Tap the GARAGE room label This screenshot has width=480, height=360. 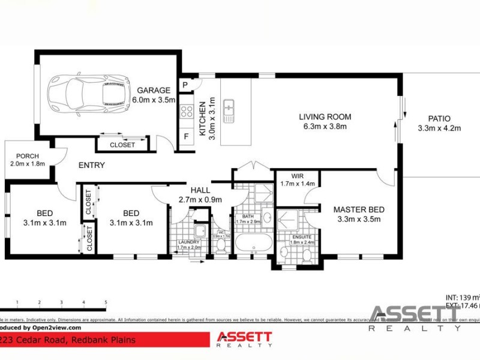point(154,91)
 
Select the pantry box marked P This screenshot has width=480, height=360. point(185,85)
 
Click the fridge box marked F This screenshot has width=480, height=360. point(186,136)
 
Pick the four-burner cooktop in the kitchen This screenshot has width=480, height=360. point(186,111)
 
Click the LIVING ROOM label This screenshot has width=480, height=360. point(325,117)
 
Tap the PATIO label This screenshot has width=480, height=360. point(439,119)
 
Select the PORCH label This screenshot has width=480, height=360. point(28,155)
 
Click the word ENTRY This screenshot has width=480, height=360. point(91,165)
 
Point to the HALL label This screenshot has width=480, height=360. point(200,190)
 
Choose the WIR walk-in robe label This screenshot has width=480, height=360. point(297,176)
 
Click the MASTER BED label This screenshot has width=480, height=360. point(359,209)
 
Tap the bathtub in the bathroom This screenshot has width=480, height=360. point(253,244)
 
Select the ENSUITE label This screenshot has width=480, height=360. point(302,237)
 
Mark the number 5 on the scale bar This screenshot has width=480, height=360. point(106,302)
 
